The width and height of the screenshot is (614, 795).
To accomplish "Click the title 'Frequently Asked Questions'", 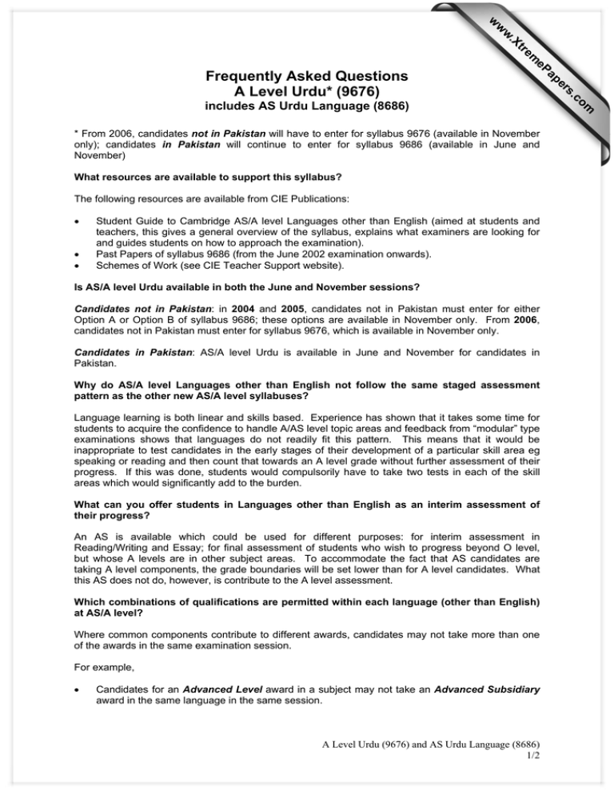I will (307, 77).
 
